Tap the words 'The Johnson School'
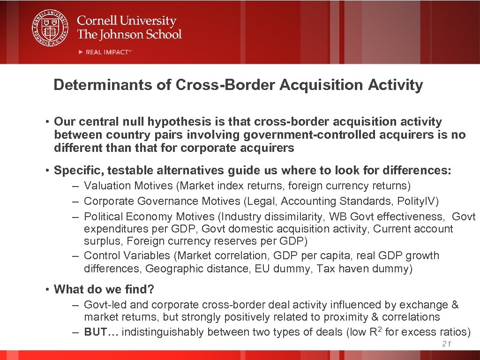(129, 34)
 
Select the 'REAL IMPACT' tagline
(107, 52)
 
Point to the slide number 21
(446, 345)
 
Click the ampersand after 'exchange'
(455, 305)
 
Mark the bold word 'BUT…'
(101, 332)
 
